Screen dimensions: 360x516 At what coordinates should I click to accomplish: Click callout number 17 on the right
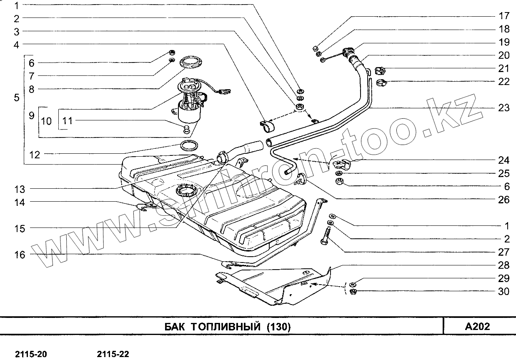(503, 16)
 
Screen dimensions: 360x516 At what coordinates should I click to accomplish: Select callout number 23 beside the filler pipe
(503, 108)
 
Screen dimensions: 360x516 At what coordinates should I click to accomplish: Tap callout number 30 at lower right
(503, 292)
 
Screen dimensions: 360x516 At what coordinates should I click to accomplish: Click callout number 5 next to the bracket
(17, 97)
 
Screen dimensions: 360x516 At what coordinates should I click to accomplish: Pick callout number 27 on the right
(503, 252)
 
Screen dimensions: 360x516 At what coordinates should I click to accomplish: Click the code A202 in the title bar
(477, 326)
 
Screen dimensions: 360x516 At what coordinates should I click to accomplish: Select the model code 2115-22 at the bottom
(113, 354)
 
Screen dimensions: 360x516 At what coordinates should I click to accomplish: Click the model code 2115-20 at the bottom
(31, 354)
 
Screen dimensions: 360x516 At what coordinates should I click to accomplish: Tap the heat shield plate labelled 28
(275, 285)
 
